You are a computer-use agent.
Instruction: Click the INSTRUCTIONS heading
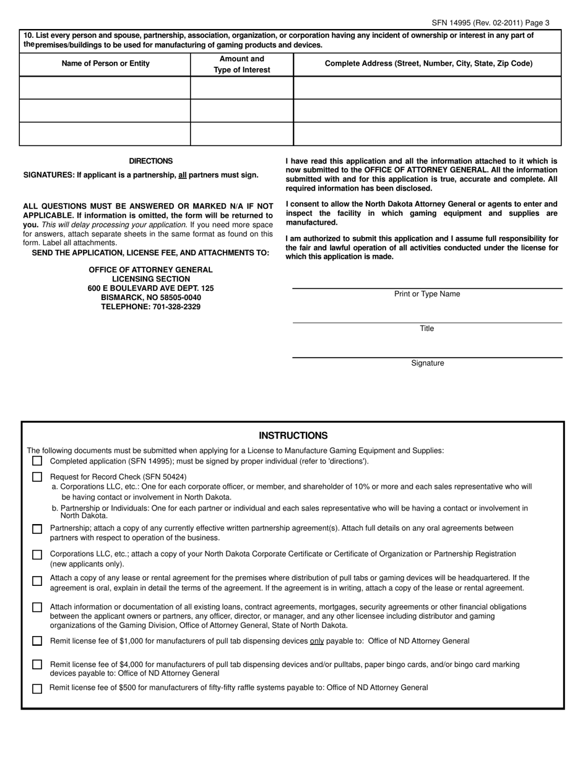tap(293, 436)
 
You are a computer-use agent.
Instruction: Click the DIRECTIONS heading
tap(151, 161)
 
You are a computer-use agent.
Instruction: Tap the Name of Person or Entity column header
tap(105, 64)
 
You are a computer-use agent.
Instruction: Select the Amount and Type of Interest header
tap(242, 64)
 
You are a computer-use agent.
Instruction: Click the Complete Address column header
tap(428, 64)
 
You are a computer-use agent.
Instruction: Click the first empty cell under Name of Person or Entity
tap(105, 88)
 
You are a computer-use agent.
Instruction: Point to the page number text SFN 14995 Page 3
tap(490, 23)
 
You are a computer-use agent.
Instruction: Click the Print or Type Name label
tap(427, 294)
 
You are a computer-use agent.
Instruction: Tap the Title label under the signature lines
tap(427, 329)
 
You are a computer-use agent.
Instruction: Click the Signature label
tap(427, 363)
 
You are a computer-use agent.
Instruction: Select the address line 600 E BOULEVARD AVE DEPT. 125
tap(151, 288)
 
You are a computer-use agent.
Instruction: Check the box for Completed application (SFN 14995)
tap(37, 461)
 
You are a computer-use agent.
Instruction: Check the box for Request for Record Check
tap(37, 477)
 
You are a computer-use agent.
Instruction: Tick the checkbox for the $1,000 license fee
tap(37, 641)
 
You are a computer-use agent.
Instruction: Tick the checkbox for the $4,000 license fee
tap(37, 664)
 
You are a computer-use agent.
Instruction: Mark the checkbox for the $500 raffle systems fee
tap(37, 689)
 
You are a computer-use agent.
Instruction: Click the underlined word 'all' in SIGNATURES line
tap(182, 175)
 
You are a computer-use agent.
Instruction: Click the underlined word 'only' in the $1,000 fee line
tap(317, 641)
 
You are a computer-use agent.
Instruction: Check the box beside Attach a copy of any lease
tap(37, 581)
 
